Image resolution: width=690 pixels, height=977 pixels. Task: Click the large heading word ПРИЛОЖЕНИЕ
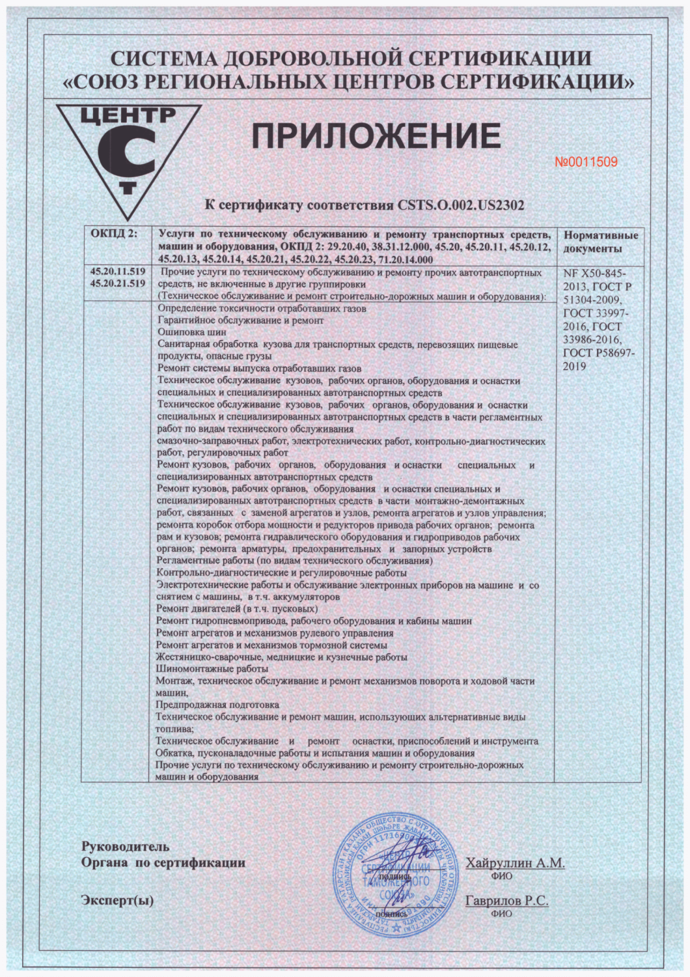[376, 137]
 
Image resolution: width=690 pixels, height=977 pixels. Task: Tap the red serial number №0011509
[586, 162]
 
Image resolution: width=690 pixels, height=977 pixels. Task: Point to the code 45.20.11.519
[117, 272]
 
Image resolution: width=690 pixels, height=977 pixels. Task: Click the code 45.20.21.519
[117, 283]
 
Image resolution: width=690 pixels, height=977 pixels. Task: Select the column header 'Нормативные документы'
[600, 242]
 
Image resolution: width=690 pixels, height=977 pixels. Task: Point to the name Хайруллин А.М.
[515, 863]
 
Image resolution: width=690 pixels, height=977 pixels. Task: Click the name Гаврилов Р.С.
[506, 901]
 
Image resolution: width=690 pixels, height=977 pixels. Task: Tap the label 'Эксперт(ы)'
[117, 901]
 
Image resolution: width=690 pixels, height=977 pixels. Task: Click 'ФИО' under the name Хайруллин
[501, 877]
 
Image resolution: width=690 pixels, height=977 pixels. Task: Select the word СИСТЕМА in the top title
[163, 59]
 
